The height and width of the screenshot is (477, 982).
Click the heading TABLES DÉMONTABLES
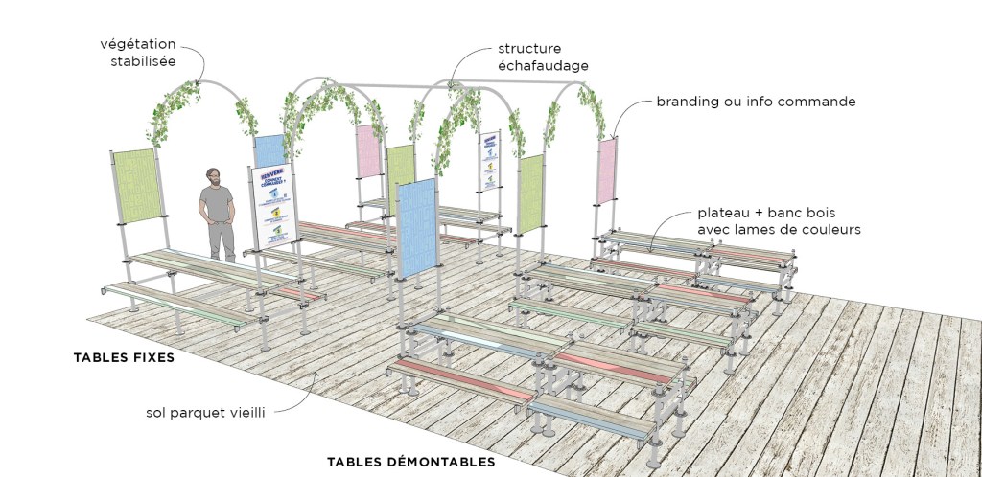point(410,461)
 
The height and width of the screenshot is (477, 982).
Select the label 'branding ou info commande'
point(756,101)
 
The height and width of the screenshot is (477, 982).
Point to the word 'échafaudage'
point(543,65)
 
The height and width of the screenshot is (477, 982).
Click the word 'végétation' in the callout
point(139,44)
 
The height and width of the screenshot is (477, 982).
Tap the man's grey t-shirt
point(218,204)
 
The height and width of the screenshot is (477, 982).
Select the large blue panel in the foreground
point(416,228)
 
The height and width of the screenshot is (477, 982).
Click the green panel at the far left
point(135,186)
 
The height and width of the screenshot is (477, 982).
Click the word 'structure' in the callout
point(529,48)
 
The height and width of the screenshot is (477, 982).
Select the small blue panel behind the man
point(269,151)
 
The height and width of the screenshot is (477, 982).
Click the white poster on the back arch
point(490,160)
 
